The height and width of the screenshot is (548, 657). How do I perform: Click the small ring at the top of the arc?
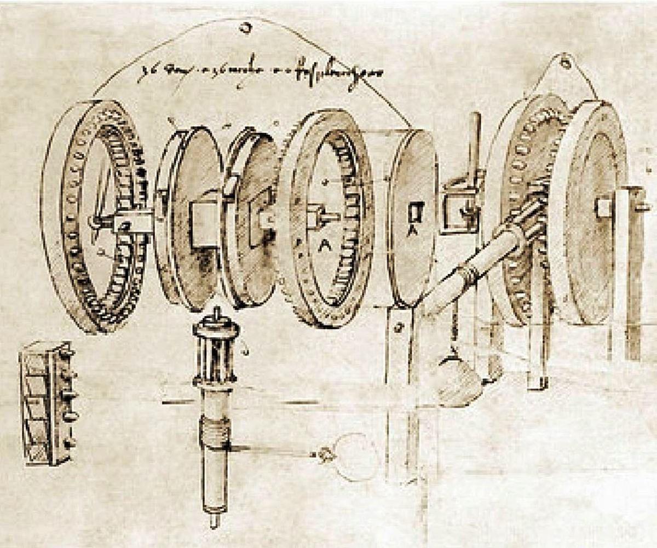pyautogui.click(x=245, y=27)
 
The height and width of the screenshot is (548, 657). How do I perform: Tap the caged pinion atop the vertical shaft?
pyautogui.click(x=215, y=350)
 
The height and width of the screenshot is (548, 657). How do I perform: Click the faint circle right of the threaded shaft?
pyautogui.click(x=356, y=457)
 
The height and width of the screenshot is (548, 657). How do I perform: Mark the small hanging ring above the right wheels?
pyautogui.click(x=564, y=62)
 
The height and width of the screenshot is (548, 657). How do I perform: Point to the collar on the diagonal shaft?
pyautogui.click(x=468, y=272)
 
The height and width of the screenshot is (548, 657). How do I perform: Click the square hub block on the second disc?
pyautogui.click(x=205, y=223)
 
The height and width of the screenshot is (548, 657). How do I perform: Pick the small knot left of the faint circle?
pyautogui.click(x=326, y=454)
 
